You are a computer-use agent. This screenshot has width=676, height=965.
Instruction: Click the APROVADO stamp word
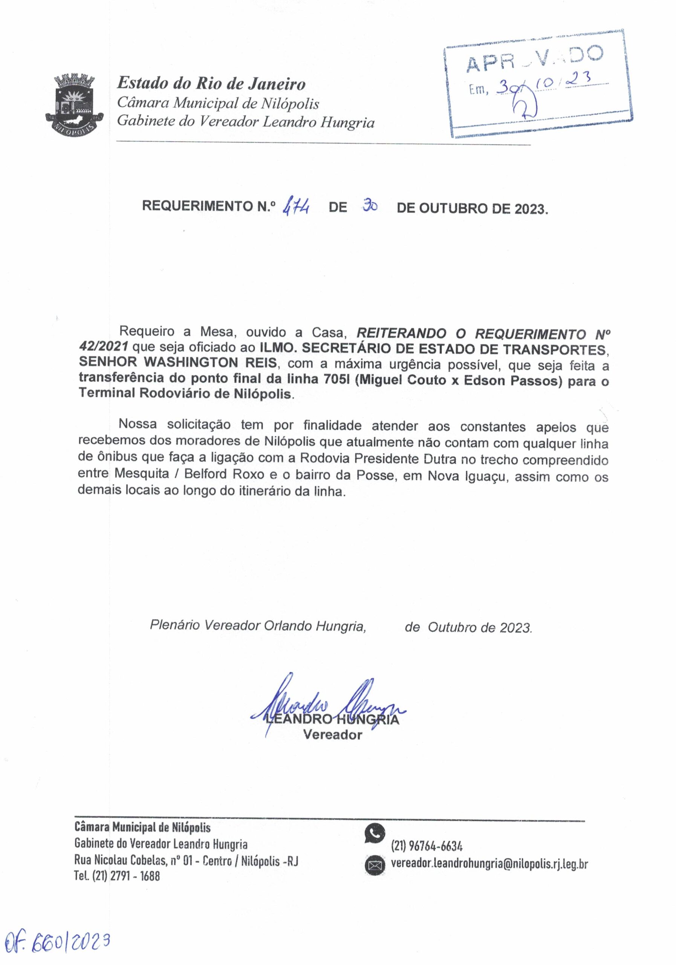point(534,58)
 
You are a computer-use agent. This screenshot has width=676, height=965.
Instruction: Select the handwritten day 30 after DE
point(370,206)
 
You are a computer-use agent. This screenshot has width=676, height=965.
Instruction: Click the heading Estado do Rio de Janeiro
point(211,83)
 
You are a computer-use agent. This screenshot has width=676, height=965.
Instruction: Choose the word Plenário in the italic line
point(175,626)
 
